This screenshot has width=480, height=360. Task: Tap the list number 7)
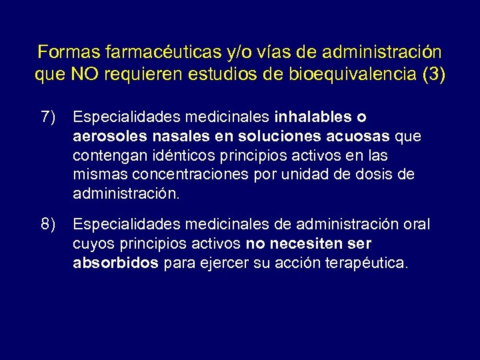[x=48, y=117]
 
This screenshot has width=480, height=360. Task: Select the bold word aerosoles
[x=103, y=137]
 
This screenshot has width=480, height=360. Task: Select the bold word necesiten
[x=297, y=243]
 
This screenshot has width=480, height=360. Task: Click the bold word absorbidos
[x=115, y=263]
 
